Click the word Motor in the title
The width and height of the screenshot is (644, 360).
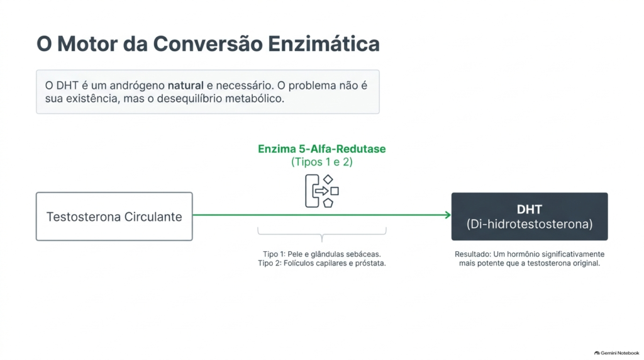coord(87,43)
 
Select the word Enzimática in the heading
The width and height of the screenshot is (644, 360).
coord(324,43)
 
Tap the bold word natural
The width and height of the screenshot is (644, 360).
coord(186,86)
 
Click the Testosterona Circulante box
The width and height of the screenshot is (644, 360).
coord(114,217)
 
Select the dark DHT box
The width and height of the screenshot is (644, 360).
coord(530,217)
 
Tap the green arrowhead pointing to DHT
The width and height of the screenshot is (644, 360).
coord(448,215)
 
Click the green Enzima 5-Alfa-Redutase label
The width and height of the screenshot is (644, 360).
coord(321,149)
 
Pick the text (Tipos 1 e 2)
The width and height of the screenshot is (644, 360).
coord(322,162)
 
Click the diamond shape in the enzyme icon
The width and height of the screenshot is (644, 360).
coord(328,179)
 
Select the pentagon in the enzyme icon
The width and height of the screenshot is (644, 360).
coord(328,203)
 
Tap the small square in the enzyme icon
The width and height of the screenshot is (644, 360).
coord(335,191)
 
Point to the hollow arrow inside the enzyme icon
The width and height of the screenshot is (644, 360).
coord(321,191)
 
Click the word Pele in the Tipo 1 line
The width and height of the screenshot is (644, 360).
coord(294,254)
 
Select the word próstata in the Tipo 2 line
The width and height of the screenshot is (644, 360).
coord(370,263)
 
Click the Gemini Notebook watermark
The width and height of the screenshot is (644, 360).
coord(617,353)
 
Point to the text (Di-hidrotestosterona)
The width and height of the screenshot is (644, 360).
coord(530,224)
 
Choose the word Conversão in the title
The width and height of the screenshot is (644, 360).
coord(208,43)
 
